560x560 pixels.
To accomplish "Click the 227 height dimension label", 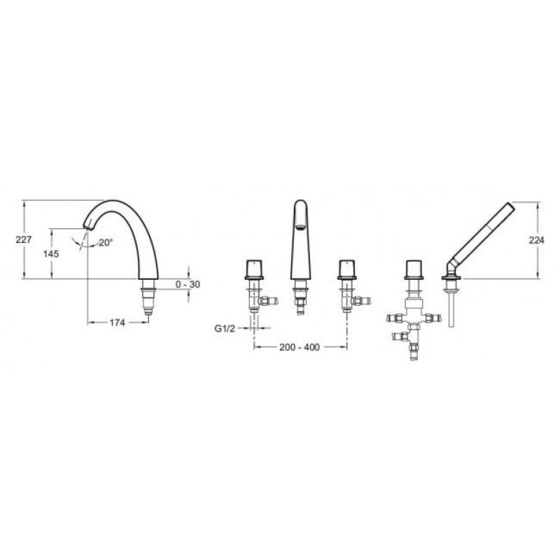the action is [x=24, y=239].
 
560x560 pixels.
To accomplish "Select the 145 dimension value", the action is [x=51, y=254].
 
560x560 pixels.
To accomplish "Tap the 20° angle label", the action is [x=106, y=243].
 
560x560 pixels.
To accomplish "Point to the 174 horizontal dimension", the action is [x=117, y=323].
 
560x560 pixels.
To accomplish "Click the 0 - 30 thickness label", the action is [x=188, y=285].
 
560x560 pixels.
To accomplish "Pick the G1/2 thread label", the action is [x=225, y=328].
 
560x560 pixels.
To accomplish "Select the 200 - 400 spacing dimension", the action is [x=300, y=347].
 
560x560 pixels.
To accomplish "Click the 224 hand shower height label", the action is [x=536, y=240].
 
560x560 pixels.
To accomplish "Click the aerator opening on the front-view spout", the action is [x=300, y=226].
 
